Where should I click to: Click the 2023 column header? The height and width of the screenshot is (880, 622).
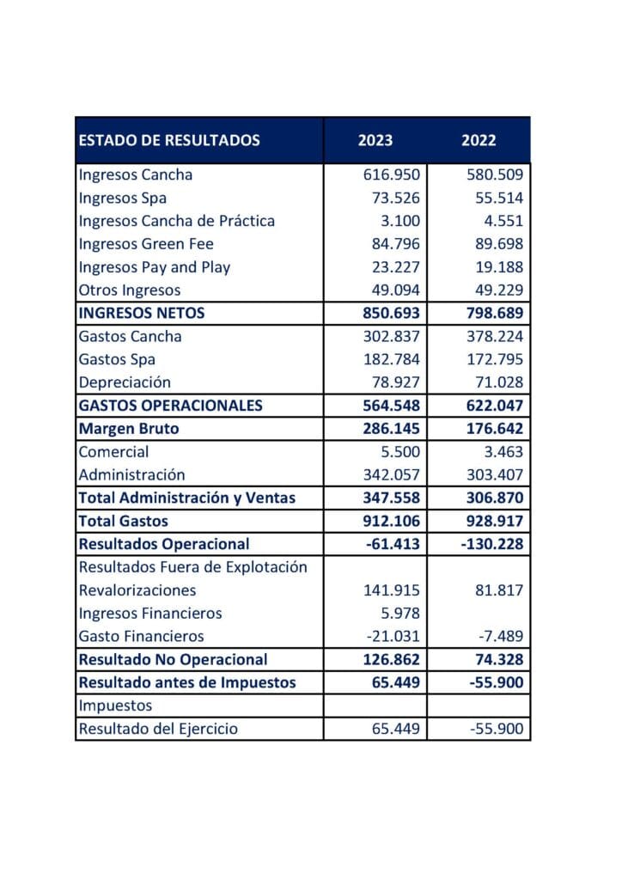[375, 140]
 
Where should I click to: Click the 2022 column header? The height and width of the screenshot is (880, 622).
[479, 140]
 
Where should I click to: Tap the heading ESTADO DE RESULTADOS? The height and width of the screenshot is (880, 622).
[169, 140]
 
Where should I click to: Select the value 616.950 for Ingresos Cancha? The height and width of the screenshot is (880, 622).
[392, 174]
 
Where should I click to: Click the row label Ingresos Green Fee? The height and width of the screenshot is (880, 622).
[146, 244]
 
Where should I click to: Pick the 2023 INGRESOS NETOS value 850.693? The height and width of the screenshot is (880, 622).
[391, 314]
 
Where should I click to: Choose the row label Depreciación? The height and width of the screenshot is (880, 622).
[125, 382]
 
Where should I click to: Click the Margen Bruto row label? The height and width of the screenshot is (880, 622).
[129, 429]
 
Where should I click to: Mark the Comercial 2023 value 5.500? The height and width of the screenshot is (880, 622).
[399, 452]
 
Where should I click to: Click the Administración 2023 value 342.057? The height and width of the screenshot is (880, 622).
[392, 474]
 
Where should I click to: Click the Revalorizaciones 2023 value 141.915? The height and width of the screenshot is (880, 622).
[392, 590]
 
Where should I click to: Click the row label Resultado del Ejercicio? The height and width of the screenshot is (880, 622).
[158, 729]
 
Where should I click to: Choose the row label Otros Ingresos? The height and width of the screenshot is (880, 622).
[130, 290]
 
